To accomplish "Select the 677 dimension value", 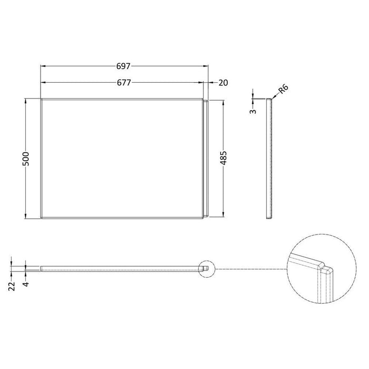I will tap(124, 82).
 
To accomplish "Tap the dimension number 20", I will tap(222, 82).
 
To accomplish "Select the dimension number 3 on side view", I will tap(254, 111).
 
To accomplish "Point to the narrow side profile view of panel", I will tap(270, 158).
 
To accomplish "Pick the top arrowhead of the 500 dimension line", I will tap(26, 100).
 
